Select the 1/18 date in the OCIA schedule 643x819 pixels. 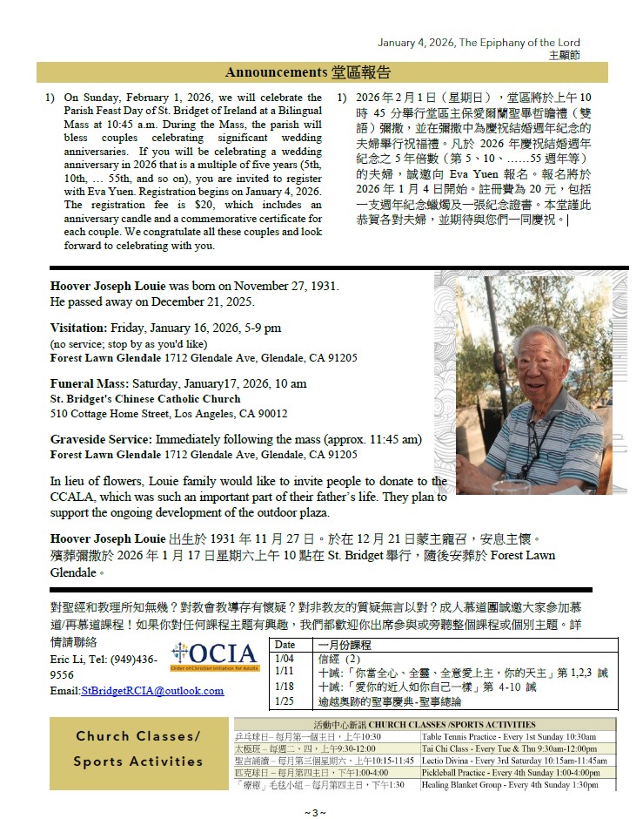coord(284,686)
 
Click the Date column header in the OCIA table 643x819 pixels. coord(285,645)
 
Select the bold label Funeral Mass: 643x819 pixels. coord(88,383)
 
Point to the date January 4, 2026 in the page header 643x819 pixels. coord(415,43)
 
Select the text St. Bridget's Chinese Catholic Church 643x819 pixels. coord(144,399)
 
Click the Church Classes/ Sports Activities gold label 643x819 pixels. coord(137,748)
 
